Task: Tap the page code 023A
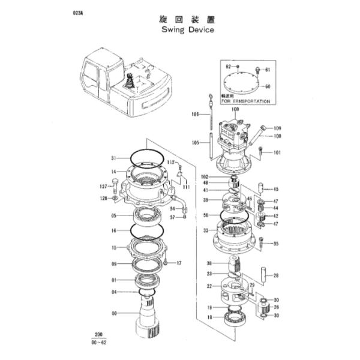(78, 12)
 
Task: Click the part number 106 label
(195, 114)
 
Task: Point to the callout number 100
(235, 110)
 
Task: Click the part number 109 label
(277, 128)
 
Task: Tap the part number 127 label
(103, 187)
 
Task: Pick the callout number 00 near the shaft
(114, 313)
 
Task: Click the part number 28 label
(277, 276)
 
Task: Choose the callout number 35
(276, 244)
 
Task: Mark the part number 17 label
(179, 263)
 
